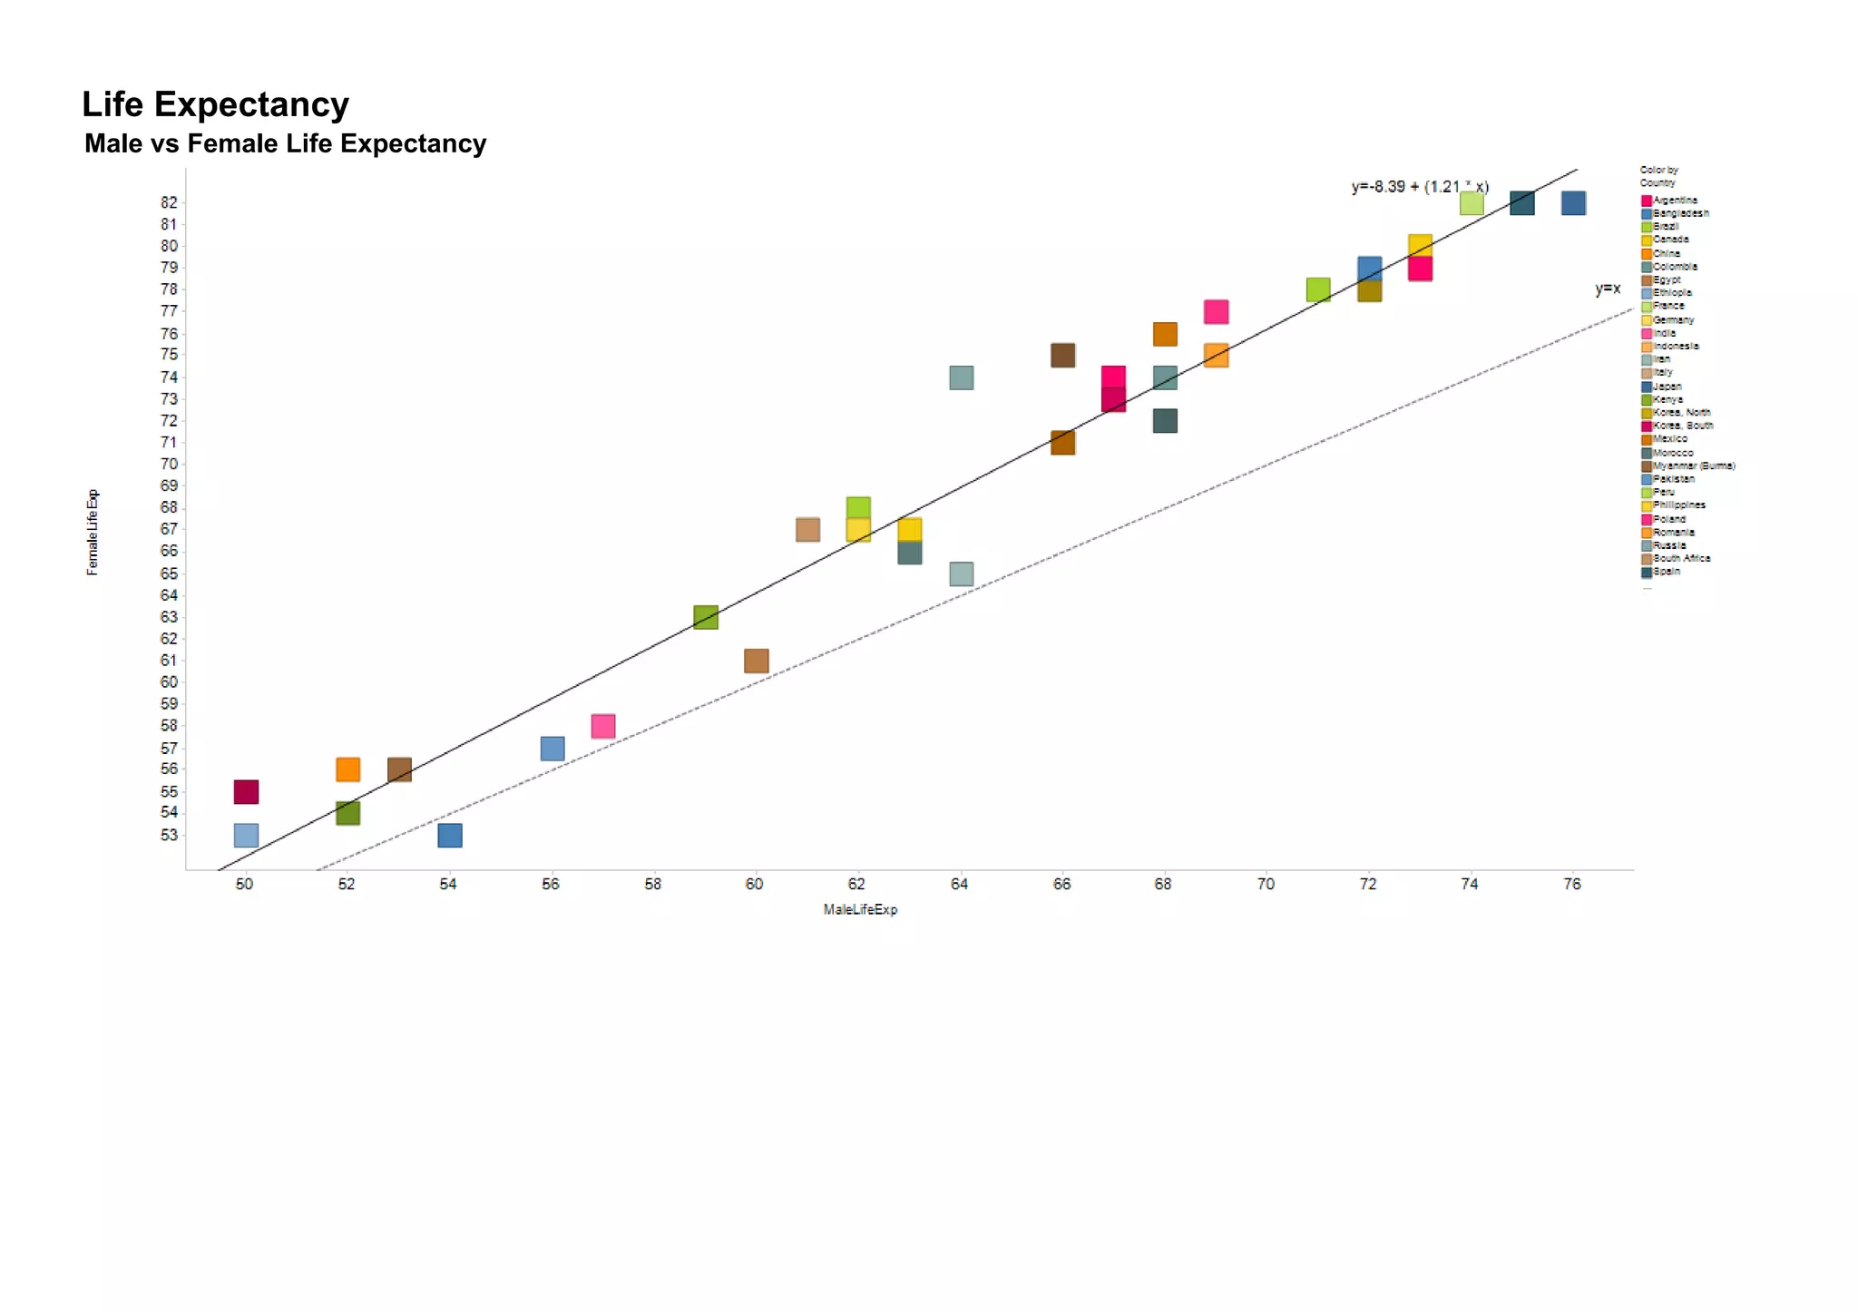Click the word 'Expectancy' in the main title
(x=251, y=105)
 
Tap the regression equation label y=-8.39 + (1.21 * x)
(x=1419, y=187)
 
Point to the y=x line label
(x=1607, y=289)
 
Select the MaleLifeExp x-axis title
(x=860, y=909)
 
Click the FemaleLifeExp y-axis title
(x=93, y=533)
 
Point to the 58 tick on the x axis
(x=652, y=884)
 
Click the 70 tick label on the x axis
(x=1266, y=884)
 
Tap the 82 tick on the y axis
(x=170, y=202)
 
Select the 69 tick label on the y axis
(x=170, y=485)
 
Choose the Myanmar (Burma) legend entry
(x=1692, y=465)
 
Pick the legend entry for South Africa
(x=1680, y=558)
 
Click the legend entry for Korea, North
(x=1680, y=412)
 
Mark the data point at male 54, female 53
(x=450, y=835)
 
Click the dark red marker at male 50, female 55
(x=246, y=791)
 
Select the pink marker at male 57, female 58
(x=603, y=726)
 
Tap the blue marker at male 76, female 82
(x=1573, y=203)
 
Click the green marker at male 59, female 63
(x=706, y=617)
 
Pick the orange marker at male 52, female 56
(x=348, y=769)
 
